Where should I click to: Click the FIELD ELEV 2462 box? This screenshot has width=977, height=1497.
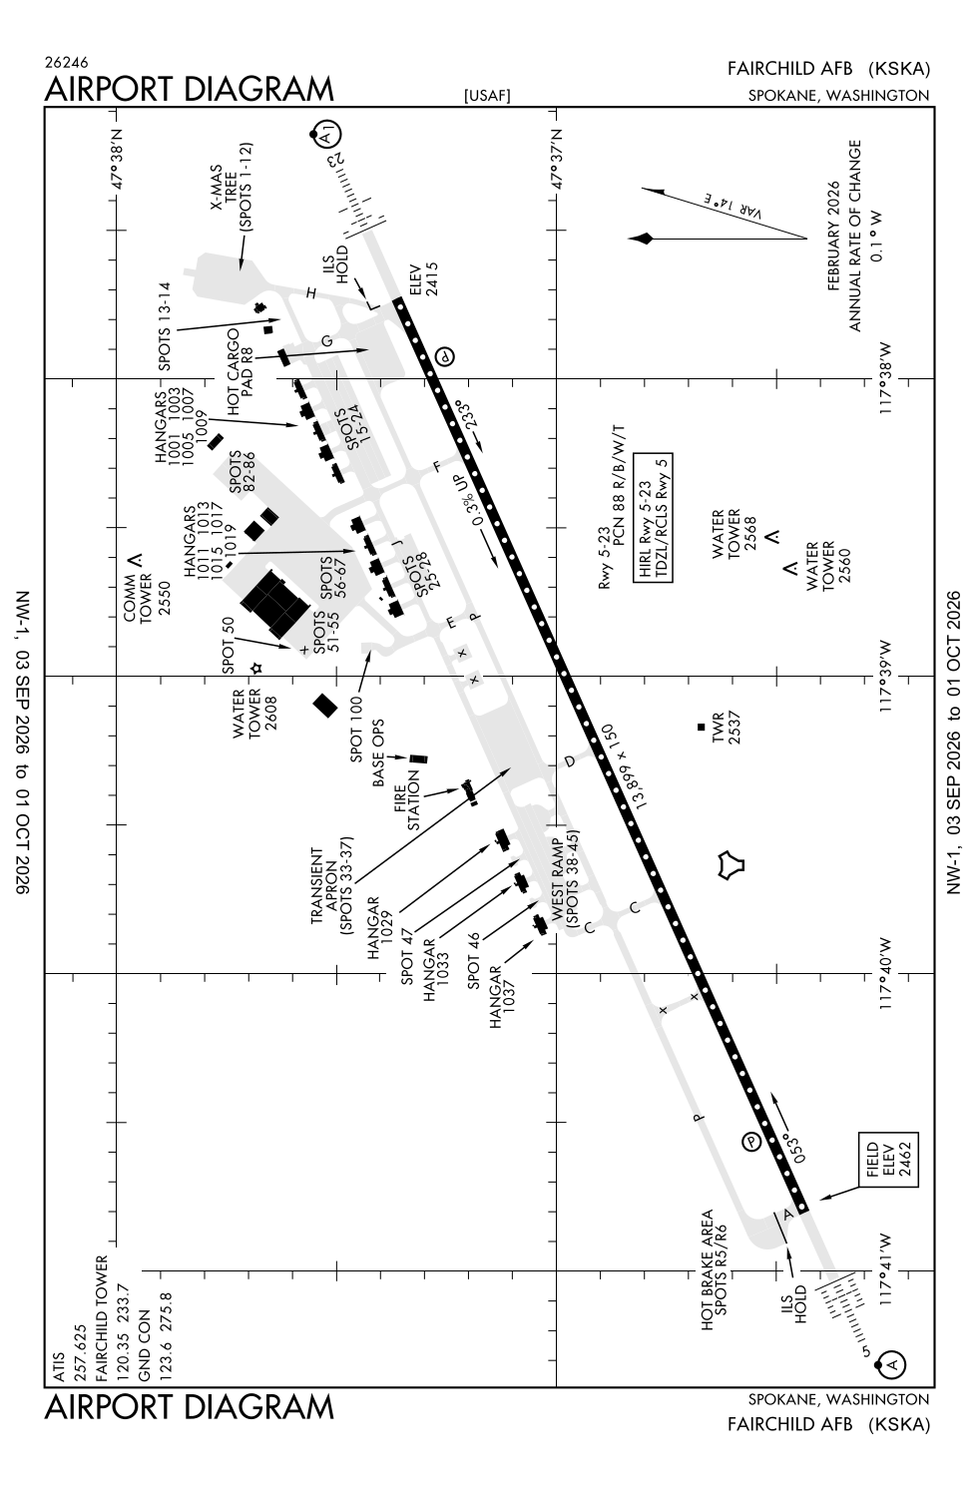[888, 1160]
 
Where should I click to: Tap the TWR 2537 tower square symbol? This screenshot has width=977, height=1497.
[701, 727]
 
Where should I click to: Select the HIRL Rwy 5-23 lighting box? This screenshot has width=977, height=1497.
[653, 518]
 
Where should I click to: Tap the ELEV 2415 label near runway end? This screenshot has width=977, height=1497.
[423, 278]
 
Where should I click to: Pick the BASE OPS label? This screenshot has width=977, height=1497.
[378, 752]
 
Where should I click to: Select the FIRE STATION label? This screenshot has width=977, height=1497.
[406, 800]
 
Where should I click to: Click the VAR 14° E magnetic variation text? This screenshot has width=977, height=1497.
[734, 208]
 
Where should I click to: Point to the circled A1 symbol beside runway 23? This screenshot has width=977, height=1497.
[326, 135]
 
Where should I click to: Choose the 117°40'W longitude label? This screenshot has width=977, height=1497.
[885, 973]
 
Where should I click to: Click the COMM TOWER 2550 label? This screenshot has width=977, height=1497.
[147, 597]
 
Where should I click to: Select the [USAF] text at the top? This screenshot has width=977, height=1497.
[487, 96]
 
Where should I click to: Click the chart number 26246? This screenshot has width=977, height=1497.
[66, 63]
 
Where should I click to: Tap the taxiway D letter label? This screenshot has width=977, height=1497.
[570, 761]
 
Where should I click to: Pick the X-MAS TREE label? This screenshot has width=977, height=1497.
[224, 188]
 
